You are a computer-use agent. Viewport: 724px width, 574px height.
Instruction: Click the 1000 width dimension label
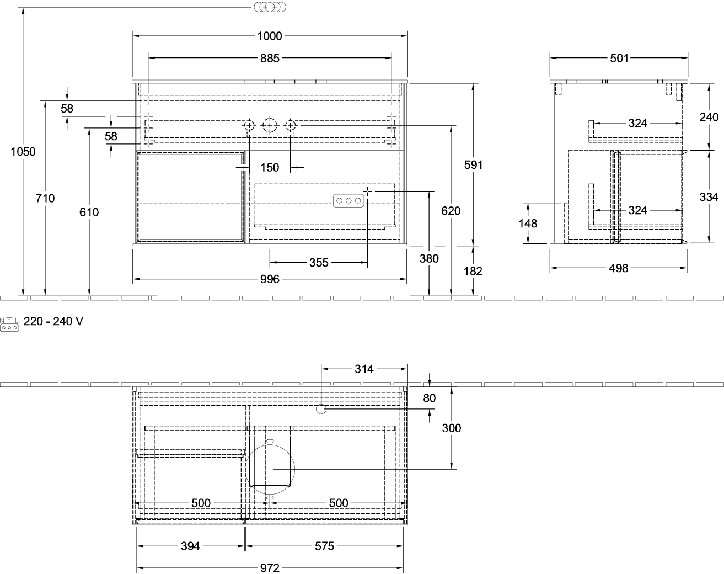pyautogui.click(x=270, y=36)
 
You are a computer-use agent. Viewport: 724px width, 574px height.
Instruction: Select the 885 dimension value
pyautogui.click(x=270, y=59)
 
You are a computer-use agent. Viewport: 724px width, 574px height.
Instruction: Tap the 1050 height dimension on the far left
pyautogui.click(x=23, y=152)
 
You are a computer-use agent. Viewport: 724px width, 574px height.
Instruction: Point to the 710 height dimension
pyautogui.click(x=45, y=198)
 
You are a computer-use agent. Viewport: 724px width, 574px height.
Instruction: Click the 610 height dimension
pyautogui.click(x=89, y=212)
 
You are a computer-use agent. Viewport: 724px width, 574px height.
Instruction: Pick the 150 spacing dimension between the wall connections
pyautogui.click(x=270, y=167)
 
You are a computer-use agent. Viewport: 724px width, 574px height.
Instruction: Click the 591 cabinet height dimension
pyautogui.click(x=473, y=164)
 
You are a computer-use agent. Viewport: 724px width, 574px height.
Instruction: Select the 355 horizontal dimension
pyautogui.click(x=319, y=263)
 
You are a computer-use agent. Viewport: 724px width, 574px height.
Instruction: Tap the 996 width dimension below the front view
pyautogui.click(x=270, y=279)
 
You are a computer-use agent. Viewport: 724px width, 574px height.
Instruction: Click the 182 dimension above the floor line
pyautogui.click(x=473, y=271)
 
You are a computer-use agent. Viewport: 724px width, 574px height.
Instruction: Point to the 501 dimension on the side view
pyautogui.click(x=619, y=59)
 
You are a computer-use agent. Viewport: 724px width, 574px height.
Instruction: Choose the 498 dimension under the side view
pyautogui.click(x=618, y=268)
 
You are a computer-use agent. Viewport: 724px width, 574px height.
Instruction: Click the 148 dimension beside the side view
pyautogui.click(x=528, y=224)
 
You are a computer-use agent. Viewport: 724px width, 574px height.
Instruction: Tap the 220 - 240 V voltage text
pyautogui.click(x=53, y=321)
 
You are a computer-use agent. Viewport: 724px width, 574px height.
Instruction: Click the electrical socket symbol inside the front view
pyautogui.click(x=348, y=201)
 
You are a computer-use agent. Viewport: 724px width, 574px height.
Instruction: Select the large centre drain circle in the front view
pyautogui.click(x=270, y=126)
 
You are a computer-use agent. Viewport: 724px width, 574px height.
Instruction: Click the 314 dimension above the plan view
pyautogui.click(x=364, y=369)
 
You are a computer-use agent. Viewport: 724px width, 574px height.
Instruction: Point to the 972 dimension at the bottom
pyautogui.click(x=270, y=568)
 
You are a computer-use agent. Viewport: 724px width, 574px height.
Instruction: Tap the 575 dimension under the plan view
pyautogui.click(x=324, y=546)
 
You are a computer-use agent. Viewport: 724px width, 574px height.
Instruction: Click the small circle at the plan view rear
pyautogui.click(x=321, y=410)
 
